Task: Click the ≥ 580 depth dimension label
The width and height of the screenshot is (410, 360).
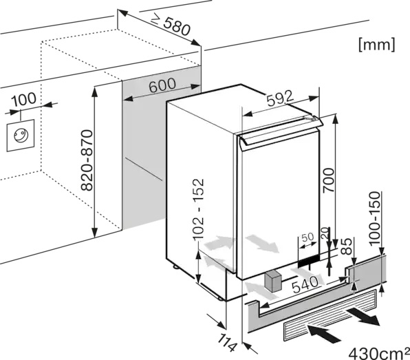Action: [x=171, y=24]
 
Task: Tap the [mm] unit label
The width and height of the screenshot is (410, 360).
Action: [x=377, y=45]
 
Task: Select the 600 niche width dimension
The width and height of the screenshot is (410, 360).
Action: [x=162, y=85]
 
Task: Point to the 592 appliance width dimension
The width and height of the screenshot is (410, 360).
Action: [x=280, y=98]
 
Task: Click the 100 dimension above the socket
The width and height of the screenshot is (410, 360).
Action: [x=24, y=99]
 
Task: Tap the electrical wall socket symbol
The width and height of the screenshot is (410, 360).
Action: [x=21, y=136]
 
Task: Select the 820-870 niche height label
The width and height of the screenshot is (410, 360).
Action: [x=87, y=160]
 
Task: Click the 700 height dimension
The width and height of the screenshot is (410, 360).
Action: [x=329, y=180]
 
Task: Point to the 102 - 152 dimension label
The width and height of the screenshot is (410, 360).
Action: [x=198, y=209]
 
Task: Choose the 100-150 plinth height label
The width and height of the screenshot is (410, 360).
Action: [x=374, y=218]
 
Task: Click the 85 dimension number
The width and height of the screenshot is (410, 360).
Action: [x=347, y=246]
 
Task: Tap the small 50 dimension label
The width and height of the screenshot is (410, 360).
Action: [x=307, y=237]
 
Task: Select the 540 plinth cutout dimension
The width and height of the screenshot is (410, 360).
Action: [x=305, y=284]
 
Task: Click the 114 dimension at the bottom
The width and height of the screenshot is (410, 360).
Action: [x=227, y=343]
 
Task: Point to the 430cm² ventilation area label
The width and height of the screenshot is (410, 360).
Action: [x=379, y=353]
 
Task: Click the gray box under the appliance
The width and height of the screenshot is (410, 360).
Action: [x=272, y=282]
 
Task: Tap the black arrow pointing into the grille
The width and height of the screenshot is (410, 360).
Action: [x=324, y=332]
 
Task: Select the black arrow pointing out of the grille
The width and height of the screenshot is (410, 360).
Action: [x=363, y=317]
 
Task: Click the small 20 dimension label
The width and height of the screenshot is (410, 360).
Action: [x=325, y=233]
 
